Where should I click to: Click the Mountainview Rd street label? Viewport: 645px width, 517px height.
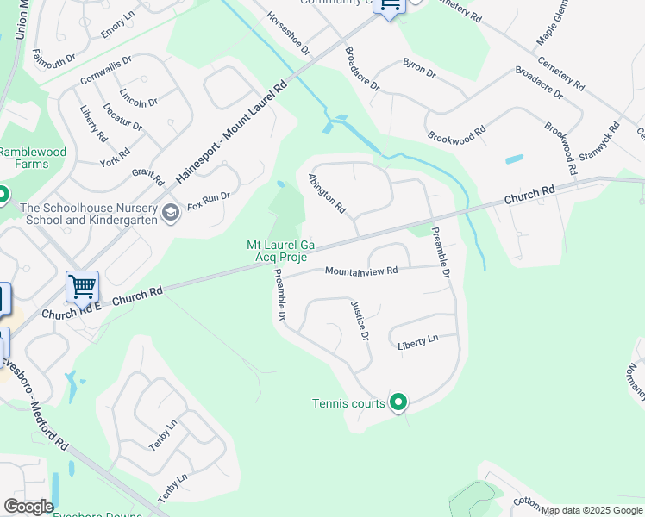360,271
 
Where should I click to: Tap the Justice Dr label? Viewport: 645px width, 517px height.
360,320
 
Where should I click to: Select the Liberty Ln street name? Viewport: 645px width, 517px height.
417,342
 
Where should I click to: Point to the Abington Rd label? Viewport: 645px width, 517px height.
327,195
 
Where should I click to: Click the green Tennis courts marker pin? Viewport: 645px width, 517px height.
398,402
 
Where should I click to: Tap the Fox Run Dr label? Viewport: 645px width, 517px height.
209,201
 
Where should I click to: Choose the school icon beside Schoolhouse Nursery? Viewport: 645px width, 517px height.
171,213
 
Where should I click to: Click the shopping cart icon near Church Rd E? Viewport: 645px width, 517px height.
83,286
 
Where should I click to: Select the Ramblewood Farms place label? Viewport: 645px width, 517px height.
33,158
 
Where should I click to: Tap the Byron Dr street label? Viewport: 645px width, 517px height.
419,69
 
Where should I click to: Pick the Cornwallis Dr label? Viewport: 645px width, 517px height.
105,69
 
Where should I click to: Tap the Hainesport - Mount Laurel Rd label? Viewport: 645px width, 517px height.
230,131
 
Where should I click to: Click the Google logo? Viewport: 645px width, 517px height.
28,507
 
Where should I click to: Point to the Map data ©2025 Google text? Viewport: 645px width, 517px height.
592,510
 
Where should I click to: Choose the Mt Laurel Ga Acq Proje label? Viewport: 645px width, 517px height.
281,252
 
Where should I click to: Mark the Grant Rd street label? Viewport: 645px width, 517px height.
147,177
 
